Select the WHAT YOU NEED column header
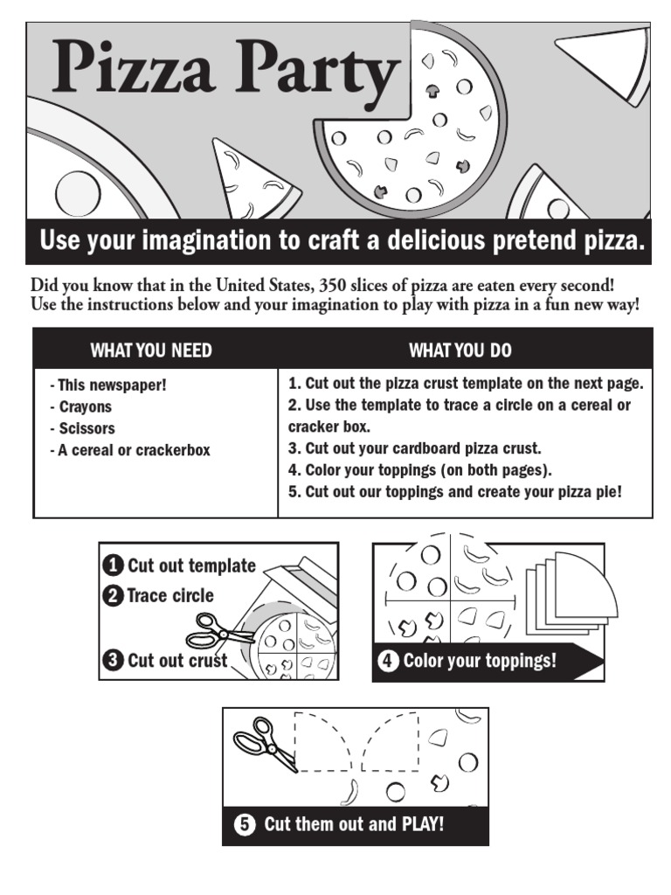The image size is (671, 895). [151, 350]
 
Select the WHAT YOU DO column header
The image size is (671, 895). [460, 350]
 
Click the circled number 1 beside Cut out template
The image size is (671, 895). [113, 565]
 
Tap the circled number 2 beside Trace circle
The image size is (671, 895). [113, 596]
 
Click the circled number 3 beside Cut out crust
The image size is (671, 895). [113, 661]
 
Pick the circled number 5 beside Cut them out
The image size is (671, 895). [246, 824]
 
